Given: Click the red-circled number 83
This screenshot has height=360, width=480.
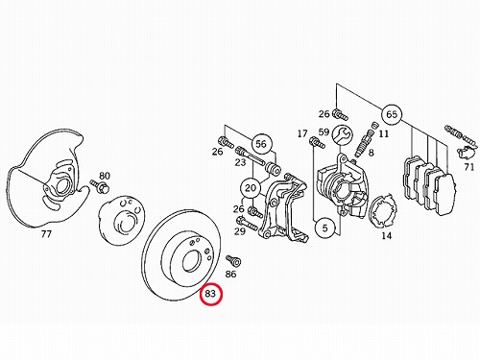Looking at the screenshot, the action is point(210,294).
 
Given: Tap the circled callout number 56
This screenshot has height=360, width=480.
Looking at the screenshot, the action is point(261,144).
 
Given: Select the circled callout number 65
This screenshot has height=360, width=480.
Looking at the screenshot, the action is point(392,114).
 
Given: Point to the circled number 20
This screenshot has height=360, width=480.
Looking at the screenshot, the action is point(251,188).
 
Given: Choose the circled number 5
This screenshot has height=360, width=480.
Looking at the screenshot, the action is point(324,228).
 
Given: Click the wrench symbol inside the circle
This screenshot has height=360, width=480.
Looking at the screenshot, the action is point(342,134).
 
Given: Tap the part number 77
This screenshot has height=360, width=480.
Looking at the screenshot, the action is point(46,234).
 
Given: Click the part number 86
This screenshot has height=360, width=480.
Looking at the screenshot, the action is point(230,274).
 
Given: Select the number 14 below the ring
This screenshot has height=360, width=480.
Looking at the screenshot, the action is point(386,236).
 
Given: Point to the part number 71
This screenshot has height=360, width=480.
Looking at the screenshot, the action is point(469,167).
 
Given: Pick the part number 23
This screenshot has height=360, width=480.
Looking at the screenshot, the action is point(240,162).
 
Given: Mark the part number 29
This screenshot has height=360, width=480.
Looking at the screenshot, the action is point(240,231).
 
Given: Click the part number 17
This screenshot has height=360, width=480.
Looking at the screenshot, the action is point(302,133).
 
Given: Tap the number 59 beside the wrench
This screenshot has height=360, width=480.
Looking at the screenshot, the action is point(324,132).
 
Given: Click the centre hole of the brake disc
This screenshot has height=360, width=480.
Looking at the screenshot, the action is point(191,261).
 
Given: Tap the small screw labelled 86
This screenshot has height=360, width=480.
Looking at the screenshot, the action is point(233,260).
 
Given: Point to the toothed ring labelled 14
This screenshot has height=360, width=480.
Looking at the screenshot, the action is point(383,211).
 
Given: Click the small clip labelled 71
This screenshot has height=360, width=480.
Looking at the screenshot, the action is point(465,152).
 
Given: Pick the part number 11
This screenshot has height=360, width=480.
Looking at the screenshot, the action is point(383,133).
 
